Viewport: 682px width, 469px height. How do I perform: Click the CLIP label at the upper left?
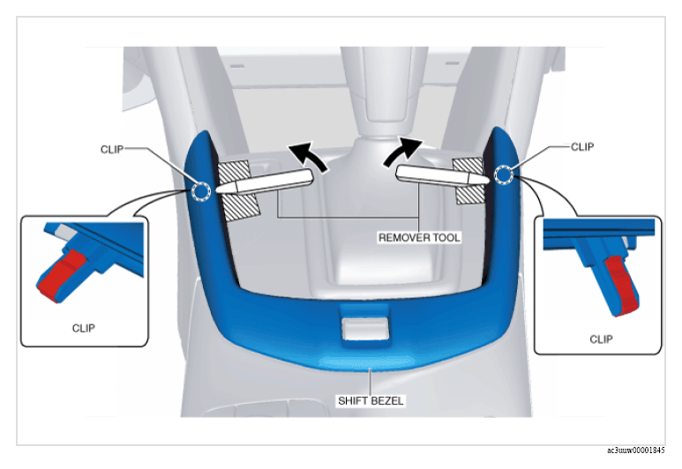click(x=112, y=150)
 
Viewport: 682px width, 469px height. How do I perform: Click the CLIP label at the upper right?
click(x=582, y=147)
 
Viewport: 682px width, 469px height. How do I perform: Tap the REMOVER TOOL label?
click(x=419, y=237)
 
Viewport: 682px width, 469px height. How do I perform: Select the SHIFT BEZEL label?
click(x=371, y=400)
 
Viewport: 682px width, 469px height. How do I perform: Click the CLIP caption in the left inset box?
click(x=84, y=328)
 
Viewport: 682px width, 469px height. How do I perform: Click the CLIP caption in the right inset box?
click(x=601, y=339)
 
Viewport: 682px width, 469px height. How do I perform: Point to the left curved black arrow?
click(x=309, y=155)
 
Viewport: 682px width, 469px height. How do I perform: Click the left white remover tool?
click(x=264, y=182)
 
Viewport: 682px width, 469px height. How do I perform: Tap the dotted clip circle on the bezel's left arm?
click(x=201, y=191)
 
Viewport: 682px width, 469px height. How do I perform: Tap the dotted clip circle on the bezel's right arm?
click(x=504, y=175)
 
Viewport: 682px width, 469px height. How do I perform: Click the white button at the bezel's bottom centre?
click(x=365, y=329)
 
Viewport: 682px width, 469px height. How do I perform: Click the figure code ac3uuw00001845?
click(x=636, y=450)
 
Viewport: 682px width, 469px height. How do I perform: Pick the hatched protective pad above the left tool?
click(x=234, y=171)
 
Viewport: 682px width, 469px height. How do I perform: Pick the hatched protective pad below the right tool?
click(x=470, y=193)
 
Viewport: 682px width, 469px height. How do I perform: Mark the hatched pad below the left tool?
click(x=241, y=207)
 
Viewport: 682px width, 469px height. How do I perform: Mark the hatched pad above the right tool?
click(x=468, y=166)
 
